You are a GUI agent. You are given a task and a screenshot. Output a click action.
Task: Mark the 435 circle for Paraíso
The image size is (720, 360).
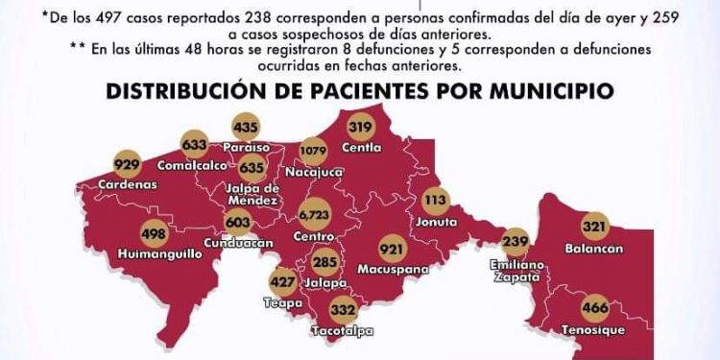(x=246, y=127)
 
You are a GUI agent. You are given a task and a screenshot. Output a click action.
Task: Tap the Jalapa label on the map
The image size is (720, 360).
(x=326, y=283)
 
